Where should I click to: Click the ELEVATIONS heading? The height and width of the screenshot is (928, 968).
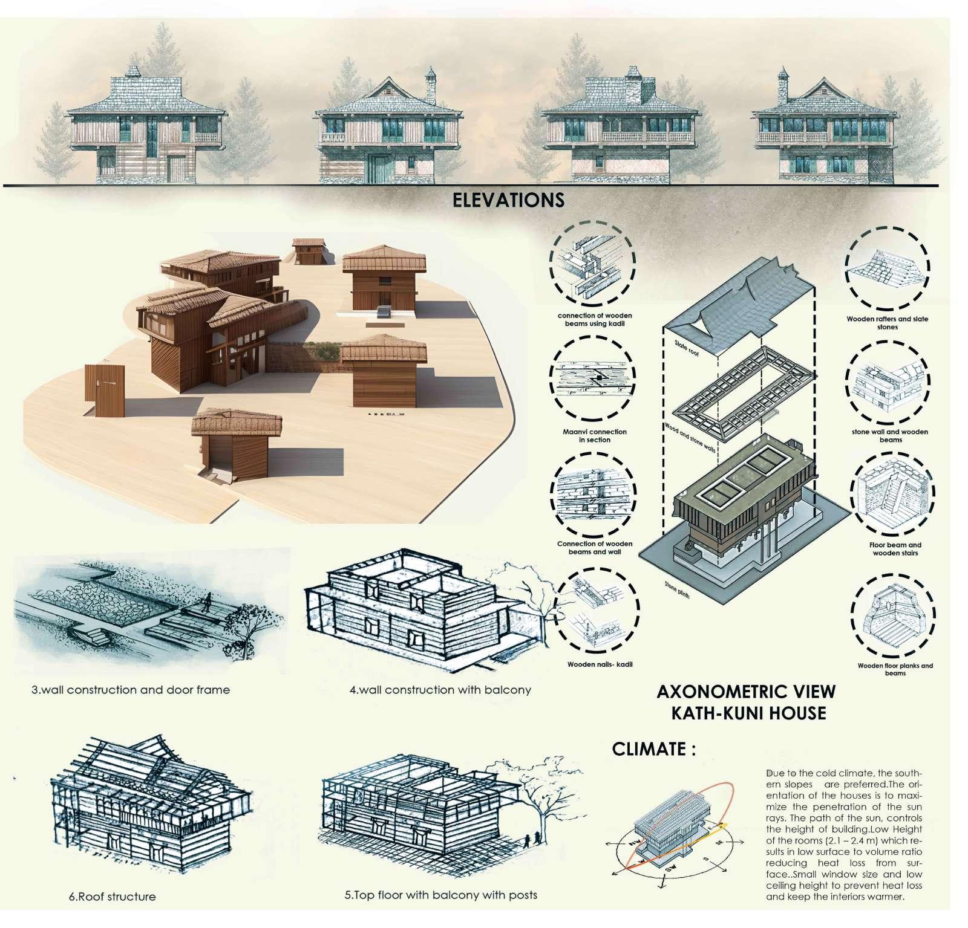pyautogui.click(x=508, y=200)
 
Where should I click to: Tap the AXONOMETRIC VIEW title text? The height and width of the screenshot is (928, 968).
pyautogui.click(x=746, y=692)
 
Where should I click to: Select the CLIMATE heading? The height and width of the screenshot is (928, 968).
pyautogui.click(x=653, y=750)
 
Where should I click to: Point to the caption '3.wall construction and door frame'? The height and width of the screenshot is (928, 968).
pyautogui.click(x=131, y=689)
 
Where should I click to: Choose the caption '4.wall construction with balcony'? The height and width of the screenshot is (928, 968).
pyautogui.click(x=440, y=689)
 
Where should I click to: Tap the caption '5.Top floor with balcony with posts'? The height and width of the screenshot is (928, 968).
pyautogui.click(x=440, y=895)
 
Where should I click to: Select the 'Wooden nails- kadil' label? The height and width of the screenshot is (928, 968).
pyautogui.click(x=595, y=665)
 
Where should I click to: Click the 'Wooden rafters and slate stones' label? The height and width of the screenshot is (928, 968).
pyautogui.click(x=887, y=323)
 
